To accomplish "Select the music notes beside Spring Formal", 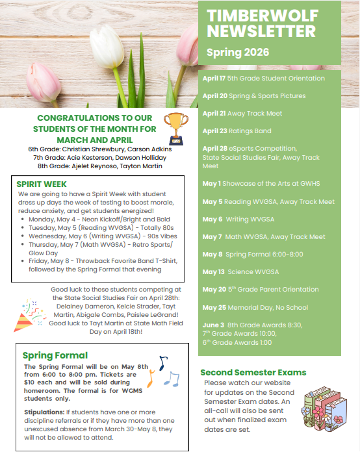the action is click(166, 371).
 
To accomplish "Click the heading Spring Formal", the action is click(55, 355).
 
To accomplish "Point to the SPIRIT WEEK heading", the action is click(42, 184).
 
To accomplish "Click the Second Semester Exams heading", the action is click(253, 373).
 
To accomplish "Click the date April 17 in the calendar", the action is click(214, 79).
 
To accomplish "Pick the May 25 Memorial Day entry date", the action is click(213, 307).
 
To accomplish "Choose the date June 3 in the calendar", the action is click(212, 325).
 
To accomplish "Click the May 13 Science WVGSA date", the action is click(212, 272).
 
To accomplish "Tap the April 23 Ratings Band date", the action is click(214, 131).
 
